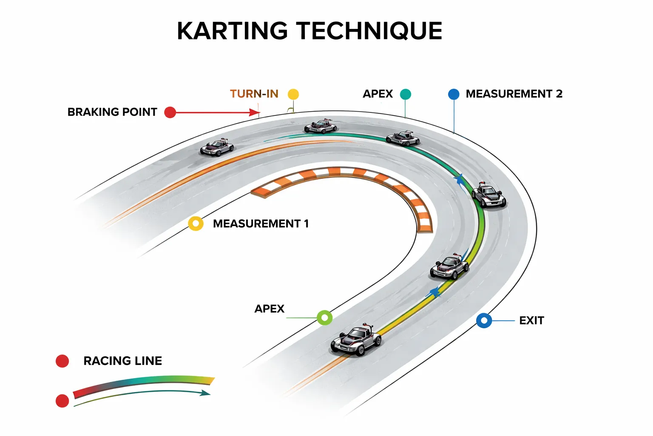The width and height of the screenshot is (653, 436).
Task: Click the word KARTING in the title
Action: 232,31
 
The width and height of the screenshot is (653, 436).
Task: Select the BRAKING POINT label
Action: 112,112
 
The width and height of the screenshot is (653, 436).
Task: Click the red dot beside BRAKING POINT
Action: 170,112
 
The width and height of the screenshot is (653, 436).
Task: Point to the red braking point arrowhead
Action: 255,112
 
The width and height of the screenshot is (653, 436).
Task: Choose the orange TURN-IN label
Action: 254,94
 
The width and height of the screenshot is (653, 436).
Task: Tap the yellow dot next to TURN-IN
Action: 293,94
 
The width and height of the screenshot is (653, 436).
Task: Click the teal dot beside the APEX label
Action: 406,94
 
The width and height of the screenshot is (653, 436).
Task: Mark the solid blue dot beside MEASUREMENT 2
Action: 454,94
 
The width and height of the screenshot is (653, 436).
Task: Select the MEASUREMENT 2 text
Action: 514,94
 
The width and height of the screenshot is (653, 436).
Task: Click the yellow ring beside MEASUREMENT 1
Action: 196,224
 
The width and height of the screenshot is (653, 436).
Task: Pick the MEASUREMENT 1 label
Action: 261,224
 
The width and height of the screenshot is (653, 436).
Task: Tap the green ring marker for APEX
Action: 325,318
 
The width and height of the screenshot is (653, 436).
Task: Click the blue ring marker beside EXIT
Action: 484,320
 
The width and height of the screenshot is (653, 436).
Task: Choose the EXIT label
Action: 531,320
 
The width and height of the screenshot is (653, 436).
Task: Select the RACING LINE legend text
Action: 122,361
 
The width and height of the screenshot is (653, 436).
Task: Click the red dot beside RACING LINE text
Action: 62,361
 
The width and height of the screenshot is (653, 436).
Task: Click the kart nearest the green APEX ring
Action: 356,340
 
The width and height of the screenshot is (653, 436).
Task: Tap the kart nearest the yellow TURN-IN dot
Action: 321,126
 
